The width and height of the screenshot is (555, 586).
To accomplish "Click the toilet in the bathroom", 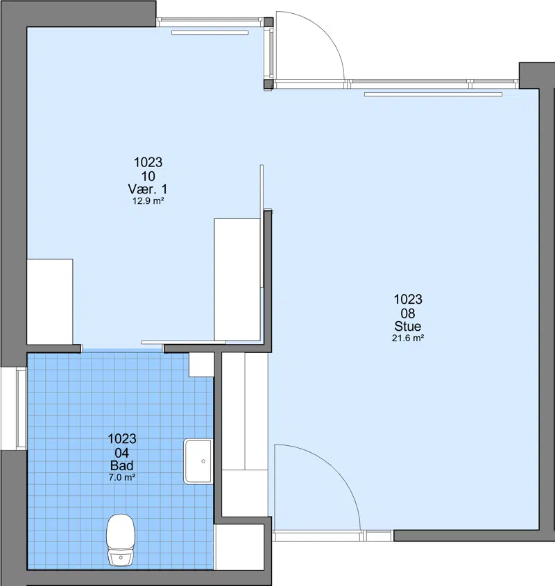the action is click(x=121, y=540).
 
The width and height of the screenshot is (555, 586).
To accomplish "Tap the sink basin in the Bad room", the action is click(x=198, y=462).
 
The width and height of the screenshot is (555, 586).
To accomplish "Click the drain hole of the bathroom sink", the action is click(x=203, y=461).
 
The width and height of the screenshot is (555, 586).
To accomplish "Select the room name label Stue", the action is click(x=408, y=326).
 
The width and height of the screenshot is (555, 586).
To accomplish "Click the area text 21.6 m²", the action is click(x=408, y=338).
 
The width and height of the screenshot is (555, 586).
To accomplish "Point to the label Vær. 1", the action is click(x=147, y=189).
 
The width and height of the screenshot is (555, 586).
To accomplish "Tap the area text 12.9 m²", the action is click(x=148, y=201).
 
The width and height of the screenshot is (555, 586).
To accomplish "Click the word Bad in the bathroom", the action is click(x=122, y=465).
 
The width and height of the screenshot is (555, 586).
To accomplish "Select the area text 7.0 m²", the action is click(x=122, y=477).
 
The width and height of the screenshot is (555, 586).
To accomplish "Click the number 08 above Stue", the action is click(x=408, y=313).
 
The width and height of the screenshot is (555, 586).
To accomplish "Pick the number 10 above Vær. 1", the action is click(x=148, y=175).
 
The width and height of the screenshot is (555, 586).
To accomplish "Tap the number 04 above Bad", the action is click(x=122, y=453).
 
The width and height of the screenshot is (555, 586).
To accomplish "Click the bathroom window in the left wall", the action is click(x=21, y=408).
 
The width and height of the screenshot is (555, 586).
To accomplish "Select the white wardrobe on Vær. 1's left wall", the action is click(x=50, y=302).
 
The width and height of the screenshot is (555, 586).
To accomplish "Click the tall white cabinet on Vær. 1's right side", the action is click(x=237, y=280).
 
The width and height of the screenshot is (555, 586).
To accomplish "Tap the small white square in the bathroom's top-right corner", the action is click(x=201, y=365).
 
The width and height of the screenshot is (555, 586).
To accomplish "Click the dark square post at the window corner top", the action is click(x=268, y=22).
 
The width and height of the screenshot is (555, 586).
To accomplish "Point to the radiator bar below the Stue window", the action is click(x=433, y=94).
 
